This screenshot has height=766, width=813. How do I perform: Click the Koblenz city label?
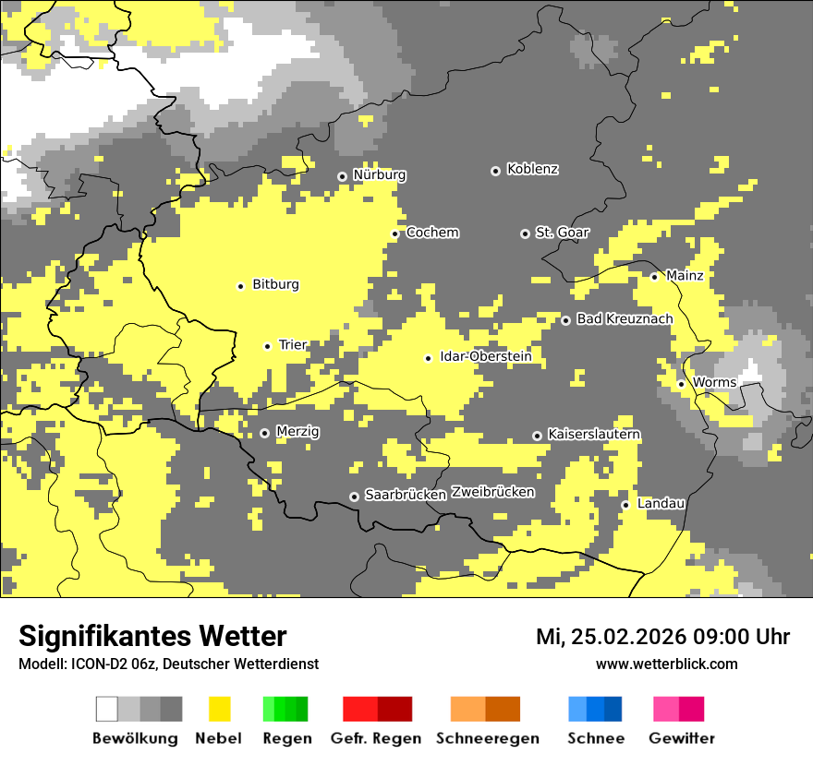[532, 170]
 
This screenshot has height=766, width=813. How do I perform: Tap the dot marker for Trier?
[267, 346]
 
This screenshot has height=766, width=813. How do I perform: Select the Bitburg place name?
[275, 285]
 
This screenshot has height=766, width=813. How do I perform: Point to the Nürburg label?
[379, 175]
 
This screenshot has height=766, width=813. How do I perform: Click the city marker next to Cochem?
[394, 233]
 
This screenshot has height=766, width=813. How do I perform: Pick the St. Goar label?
[562, 233]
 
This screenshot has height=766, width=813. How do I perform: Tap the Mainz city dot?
[654, 277]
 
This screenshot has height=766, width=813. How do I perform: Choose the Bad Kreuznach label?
[625, 319]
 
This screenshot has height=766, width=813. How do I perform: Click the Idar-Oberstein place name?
[485, 356]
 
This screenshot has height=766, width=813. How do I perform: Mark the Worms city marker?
[681, 384]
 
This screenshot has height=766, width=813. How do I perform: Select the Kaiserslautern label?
[594, 435]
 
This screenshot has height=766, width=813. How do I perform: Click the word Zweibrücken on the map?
[492, 493]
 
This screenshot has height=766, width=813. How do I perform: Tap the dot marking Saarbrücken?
[354, 497]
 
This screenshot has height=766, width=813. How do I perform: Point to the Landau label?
[661, 504]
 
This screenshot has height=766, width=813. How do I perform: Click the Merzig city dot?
[264, 433]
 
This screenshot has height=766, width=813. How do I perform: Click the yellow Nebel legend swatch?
[219, 709]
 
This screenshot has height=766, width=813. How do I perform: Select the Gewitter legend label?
[681, 738]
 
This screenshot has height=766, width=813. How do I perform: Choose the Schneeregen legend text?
[488, 738]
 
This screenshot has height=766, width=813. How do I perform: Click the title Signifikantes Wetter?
[152, 637]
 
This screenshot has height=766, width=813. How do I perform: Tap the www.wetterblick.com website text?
[666, 664]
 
